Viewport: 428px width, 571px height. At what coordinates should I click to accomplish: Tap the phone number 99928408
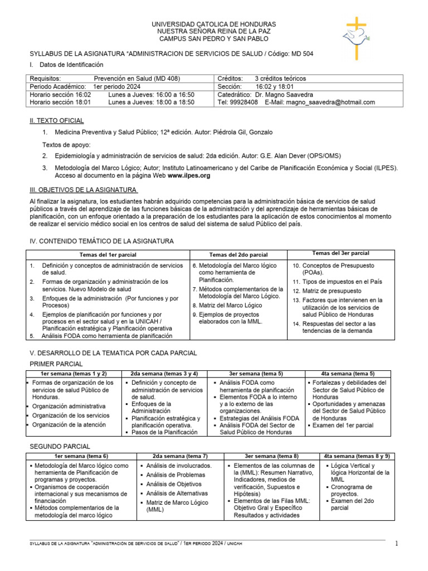(245, 102)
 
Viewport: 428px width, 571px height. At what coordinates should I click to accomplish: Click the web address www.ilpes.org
(189, 175)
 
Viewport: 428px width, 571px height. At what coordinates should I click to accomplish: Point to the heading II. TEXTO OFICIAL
(56, 120)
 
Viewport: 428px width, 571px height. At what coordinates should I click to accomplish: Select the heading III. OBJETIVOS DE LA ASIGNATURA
(83, 190)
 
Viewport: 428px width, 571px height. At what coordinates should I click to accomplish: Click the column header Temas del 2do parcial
(238, 255)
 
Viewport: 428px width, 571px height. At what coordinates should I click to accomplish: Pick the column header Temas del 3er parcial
(341, 254)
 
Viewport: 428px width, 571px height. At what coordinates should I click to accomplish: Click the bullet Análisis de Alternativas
(177, 493)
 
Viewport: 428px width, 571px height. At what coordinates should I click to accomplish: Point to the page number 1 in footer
(397, 543)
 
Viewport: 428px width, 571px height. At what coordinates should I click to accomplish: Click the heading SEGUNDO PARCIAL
(60, 447)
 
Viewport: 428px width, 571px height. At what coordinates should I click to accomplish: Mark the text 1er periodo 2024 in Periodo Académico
(117, 86)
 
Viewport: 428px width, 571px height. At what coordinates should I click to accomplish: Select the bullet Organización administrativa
(69, 406)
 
